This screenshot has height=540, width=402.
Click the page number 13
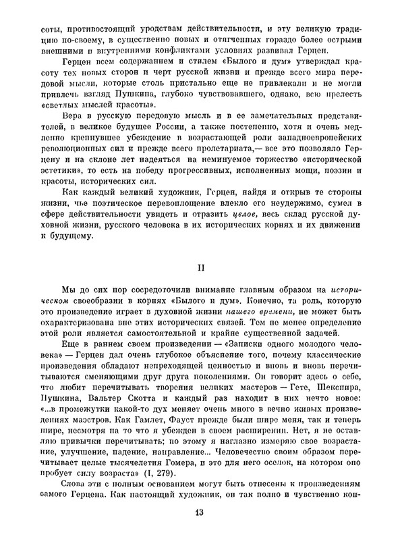[200, 514]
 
